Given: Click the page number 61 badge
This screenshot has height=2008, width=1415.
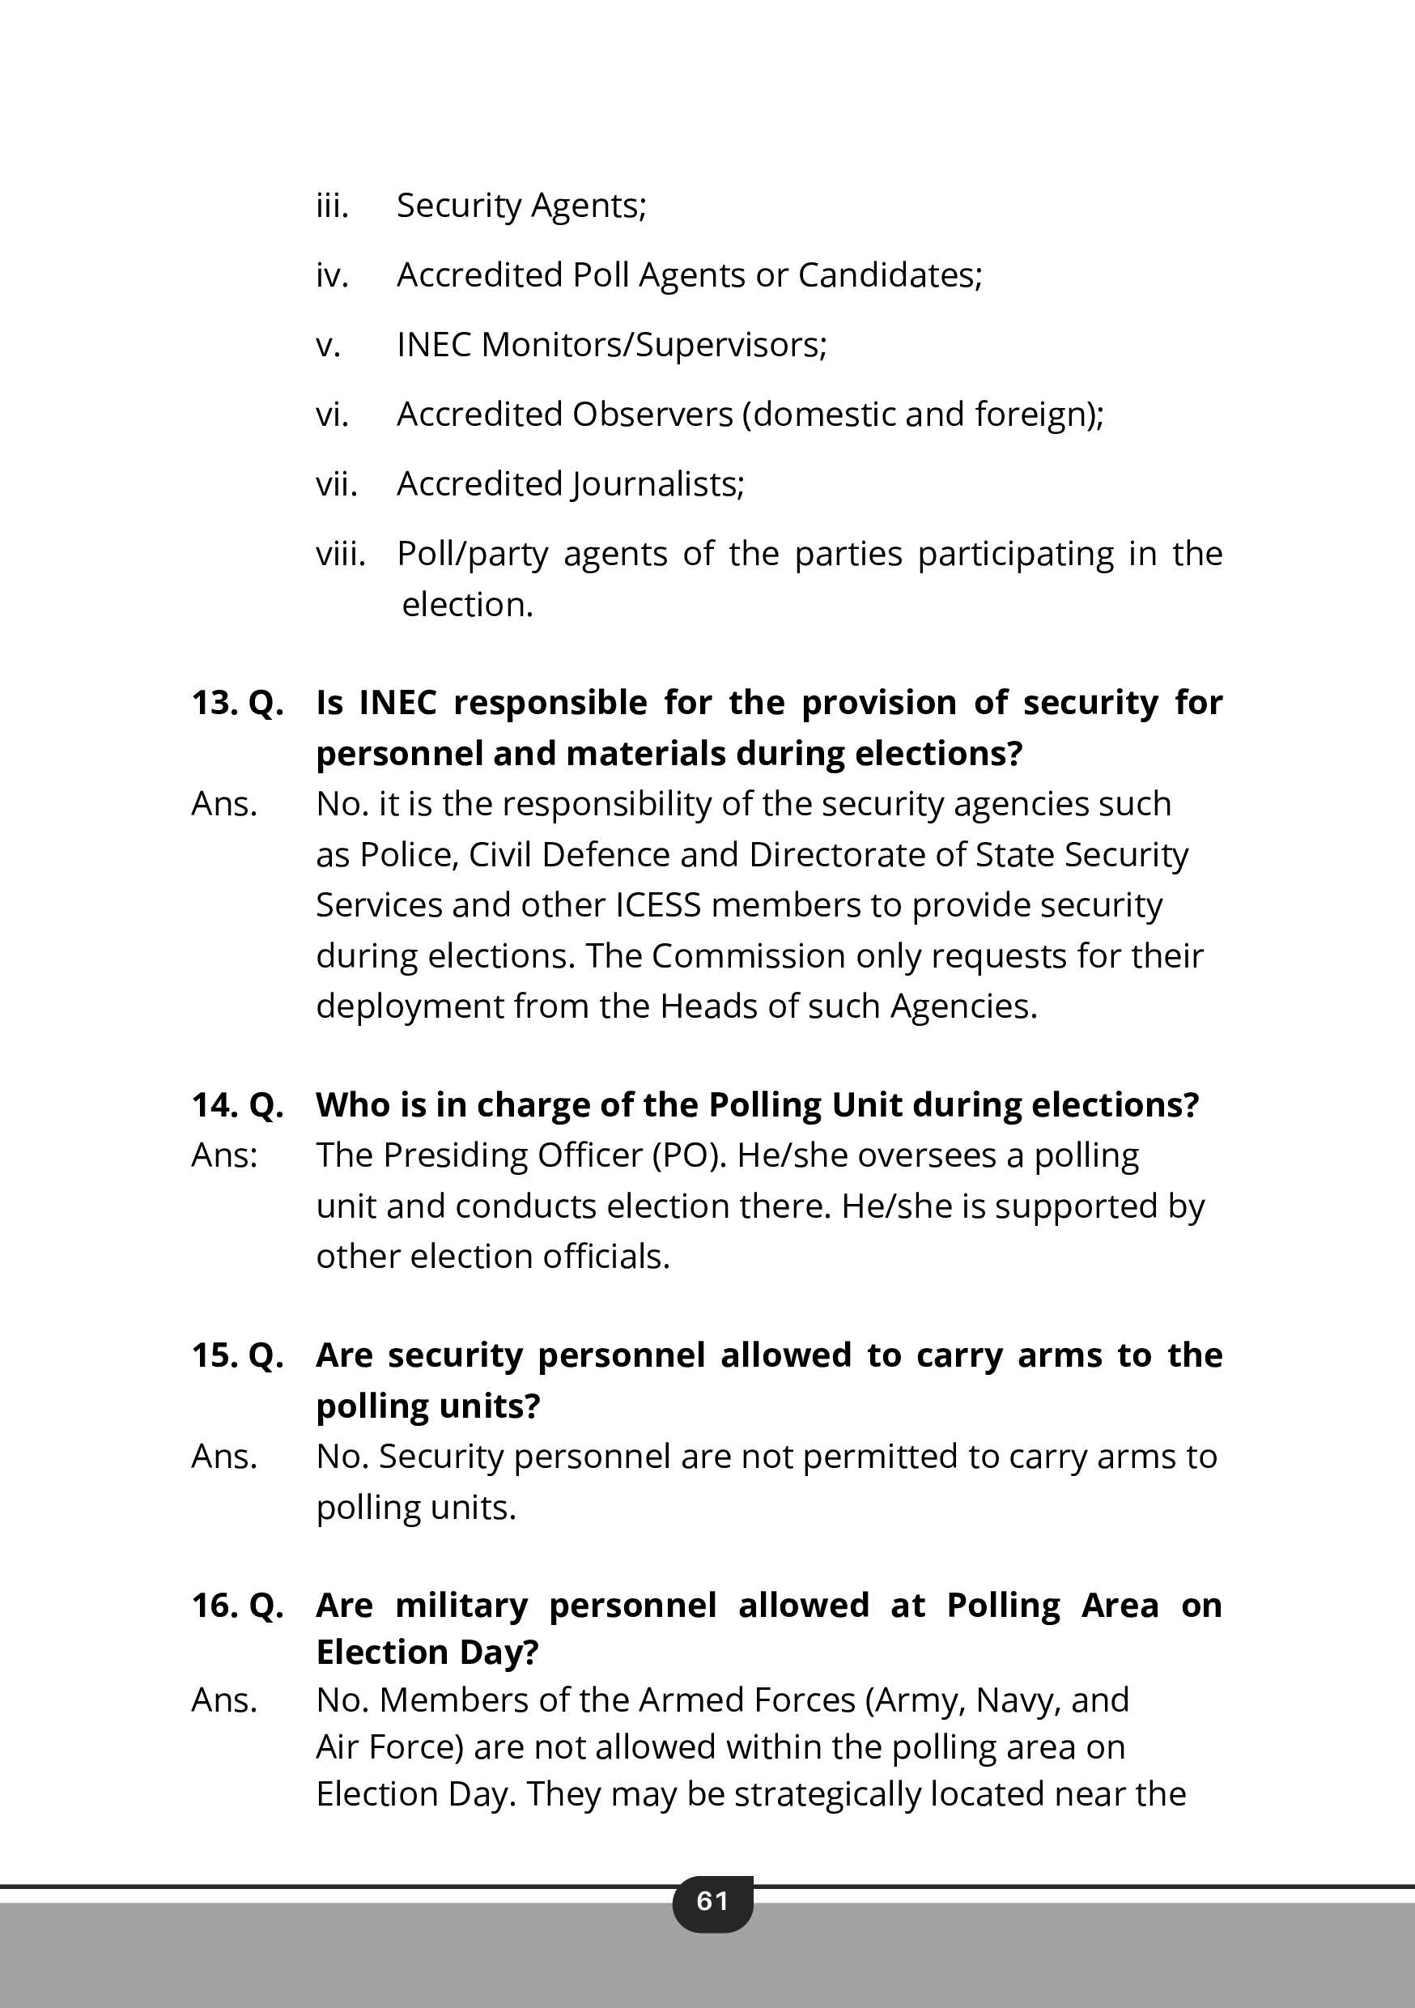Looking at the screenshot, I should pyautogui.click(x=712, y=1901).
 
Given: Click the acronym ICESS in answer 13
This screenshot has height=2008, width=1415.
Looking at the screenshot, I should pyautogui.click(x=657, y=905).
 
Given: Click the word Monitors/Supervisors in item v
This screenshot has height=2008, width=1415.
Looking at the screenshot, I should pyautogui.click(x=653, y=346).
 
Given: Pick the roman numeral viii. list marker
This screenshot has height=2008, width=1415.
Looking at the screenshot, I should pyautogui.click(x=340, y=555).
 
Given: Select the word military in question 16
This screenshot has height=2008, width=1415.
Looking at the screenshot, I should pyautogui.click(x=461, y=1606).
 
